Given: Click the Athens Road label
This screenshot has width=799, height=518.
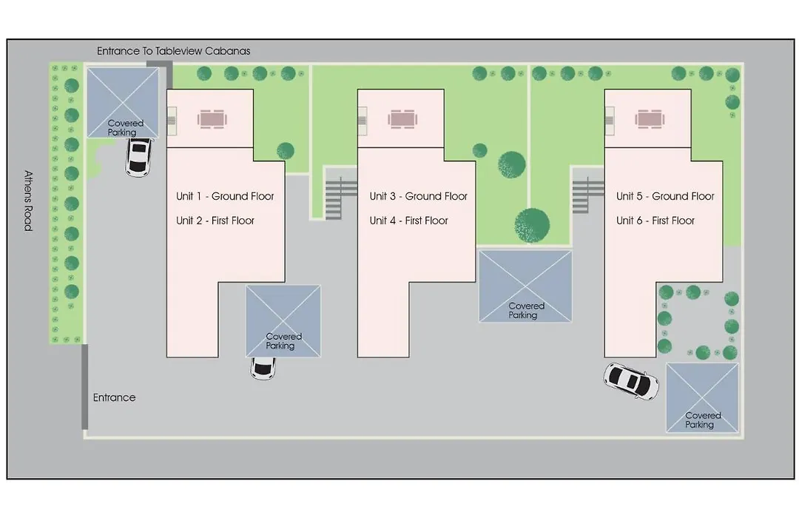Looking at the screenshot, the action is (29, 201).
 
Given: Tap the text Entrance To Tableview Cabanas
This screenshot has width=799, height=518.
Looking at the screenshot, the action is (174, 51).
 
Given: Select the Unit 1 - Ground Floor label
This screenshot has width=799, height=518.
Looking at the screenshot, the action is (225, 196).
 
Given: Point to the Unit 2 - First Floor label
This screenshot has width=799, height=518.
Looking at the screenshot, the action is (215, 221).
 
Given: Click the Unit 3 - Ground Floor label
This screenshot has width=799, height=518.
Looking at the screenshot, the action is (418, 196).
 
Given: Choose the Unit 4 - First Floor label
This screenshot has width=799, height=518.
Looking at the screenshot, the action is (408, 221).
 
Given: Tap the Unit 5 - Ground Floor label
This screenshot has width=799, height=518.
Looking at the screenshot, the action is (665, 196).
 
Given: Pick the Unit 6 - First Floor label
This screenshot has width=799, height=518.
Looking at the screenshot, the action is (655, 221).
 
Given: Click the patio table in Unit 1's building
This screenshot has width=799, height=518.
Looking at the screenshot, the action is (212, 120).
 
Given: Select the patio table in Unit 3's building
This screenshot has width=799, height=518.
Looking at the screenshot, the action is (402, 120).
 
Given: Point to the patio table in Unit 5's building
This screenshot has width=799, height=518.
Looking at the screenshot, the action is (650, 120).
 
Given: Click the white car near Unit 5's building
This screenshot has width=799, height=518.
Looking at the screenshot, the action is (631, 381).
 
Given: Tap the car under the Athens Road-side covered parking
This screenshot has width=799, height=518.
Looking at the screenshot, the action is (138, 157).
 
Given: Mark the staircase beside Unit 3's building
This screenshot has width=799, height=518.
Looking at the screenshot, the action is (334, 198).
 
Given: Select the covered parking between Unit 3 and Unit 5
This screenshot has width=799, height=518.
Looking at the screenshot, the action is (525, 286).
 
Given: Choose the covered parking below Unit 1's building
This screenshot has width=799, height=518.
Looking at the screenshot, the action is (283, 320).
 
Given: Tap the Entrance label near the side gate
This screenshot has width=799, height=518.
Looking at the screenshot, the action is (114, 397).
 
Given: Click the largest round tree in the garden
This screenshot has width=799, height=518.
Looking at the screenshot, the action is (533, 225).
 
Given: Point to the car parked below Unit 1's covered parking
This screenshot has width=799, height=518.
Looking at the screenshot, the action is (263, 368).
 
